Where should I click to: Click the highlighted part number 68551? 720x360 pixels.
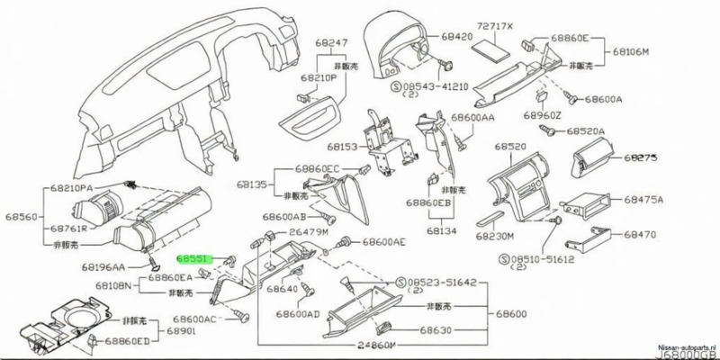click(193, 256)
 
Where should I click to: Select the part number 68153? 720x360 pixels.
click(343, 146)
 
